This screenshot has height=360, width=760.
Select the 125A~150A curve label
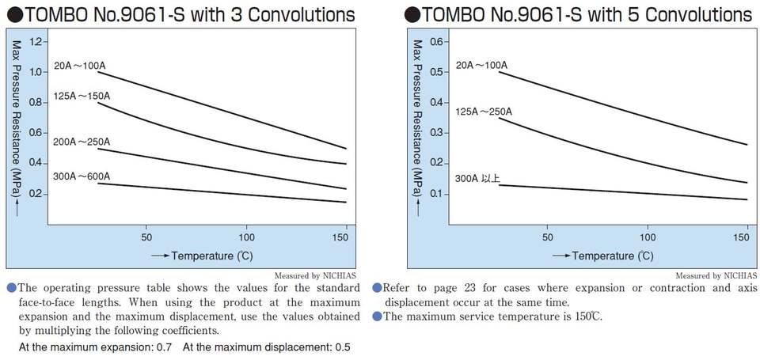82,97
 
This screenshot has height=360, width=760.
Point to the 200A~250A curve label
82,142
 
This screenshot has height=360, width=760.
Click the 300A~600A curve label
82,176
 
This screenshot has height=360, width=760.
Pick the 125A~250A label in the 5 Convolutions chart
484,111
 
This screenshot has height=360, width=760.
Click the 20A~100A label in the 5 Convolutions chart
481,65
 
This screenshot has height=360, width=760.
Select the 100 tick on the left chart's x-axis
247,237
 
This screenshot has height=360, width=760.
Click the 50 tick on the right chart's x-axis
547,237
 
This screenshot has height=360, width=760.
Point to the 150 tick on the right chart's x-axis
747,237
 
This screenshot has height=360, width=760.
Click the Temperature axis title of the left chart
206,256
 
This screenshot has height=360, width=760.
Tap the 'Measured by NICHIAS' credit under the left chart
317,275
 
